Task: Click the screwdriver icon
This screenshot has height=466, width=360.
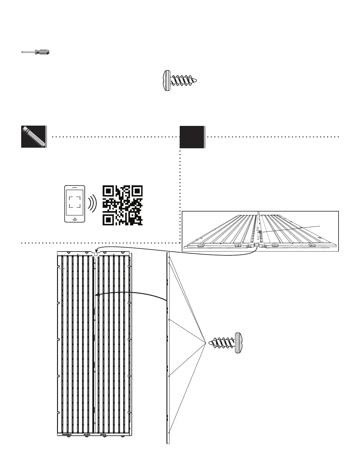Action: click(35, 52)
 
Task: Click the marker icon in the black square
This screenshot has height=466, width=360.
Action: click(34, 137)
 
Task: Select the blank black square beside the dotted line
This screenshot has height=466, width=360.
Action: click(192, 137)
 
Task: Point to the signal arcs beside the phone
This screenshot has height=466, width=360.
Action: click(93, 203)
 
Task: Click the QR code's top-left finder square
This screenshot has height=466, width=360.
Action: click(109, 192)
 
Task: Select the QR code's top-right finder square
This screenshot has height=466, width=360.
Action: click(136, 192)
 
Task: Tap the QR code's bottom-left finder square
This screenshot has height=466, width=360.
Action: click(109, 219)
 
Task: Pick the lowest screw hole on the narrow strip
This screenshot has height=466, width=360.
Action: click(169, 433)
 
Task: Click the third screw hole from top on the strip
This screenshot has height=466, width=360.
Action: click(169, 376)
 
